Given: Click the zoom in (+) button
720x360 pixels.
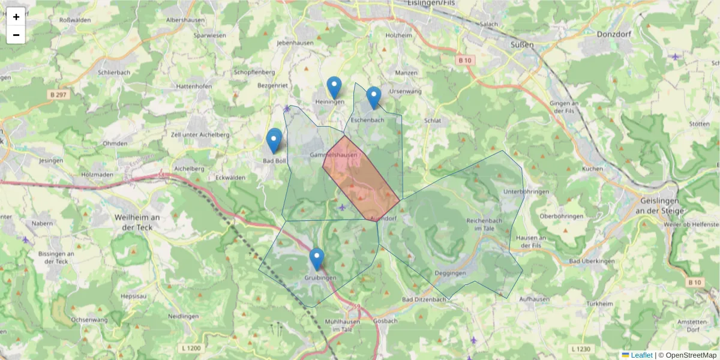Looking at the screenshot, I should pyautogui.click(x=16, y=17).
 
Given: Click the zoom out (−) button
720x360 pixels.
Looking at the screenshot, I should pyautogui.click(x=16, y=35).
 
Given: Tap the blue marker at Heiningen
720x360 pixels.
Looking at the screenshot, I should pyautogui.click(x=334, y=87).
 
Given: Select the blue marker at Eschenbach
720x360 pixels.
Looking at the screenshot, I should pyautogui.click(x=374, y=97).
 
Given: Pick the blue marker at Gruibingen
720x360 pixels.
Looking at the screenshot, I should pyautogui.click(x=317, y=259).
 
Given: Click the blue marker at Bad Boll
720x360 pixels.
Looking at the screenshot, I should pyautogui.click(x=274, y=140).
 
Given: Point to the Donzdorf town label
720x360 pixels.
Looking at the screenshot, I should pyautogui.click(x=613, y=34).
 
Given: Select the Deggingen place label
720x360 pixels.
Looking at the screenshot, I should pyautogui.click(x=449, y=273).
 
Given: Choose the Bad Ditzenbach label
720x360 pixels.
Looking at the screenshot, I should pyautogui.click(x=424, y=299).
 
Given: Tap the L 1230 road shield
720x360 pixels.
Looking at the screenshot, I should pyautogui.click(x=581, y=349).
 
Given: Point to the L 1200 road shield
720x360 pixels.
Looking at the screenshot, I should pyautogui.click(x=190, y=348).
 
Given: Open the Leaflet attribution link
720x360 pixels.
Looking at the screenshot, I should pyautogui.click(x=641, y=355).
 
